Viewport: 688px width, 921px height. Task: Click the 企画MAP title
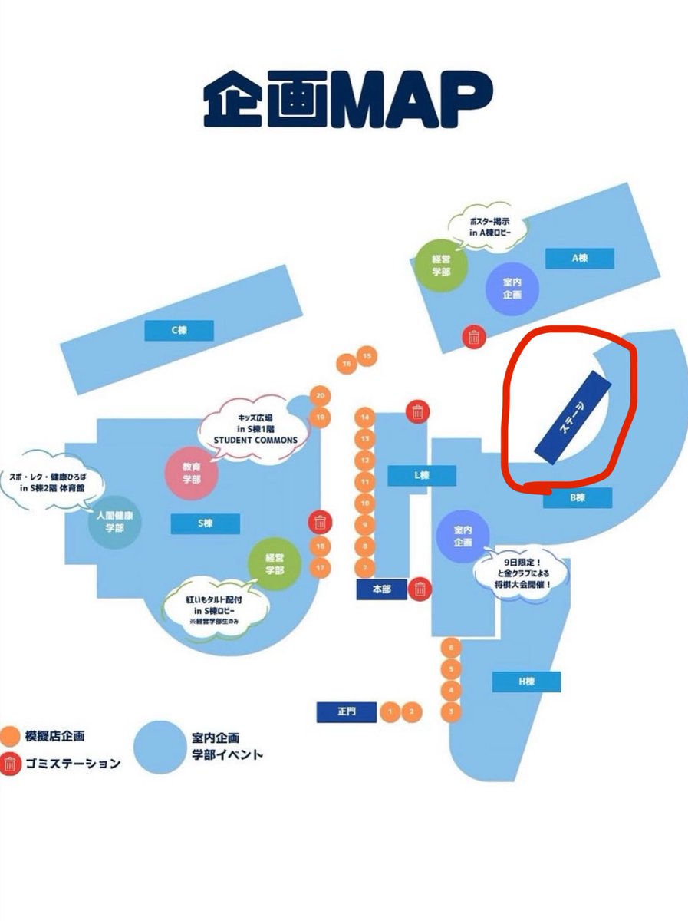pyautogui.click(x=347, y=101)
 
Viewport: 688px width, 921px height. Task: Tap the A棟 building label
pyautogui.click(x=580, y=259)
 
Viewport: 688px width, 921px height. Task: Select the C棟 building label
pyautogui.click(x=179, y=330)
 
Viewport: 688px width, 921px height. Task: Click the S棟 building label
pyautogui.click(x=205, y=523)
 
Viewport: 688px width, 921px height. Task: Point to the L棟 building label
pyautogui.click(x=421, y=476)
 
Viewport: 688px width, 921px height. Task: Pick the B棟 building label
pyautogui.click(x=578, y=498)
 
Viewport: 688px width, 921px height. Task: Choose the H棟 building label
pyautogui.click(x=526, y=682)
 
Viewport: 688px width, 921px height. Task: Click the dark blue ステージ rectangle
pyautogui.click(x=574, y=418)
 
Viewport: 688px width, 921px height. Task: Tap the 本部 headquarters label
pyautogui.click(x=381, y=589)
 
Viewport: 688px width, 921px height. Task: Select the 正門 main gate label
pyautogui.click(x=347, y=712)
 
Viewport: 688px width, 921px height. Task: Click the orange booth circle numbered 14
pyautogui.click(x=366, y=418)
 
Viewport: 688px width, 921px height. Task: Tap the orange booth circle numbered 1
pyautogui.click(x=390, y=712)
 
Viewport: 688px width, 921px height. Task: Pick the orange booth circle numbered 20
pyautogui.click(x=321, y=396)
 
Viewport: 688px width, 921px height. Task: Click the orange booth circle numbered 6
pyautogui.click(x=452, y=648)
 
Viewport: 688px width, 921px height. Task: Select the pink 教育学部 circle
pyautogui.click(x=193, y=472)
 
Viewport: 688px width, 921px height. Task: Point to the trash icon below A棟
pyautogui.click(x=474, y=336)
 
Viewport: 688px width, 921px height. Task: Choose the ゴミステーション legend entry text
pyautogui.click(x=74, y=763)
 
